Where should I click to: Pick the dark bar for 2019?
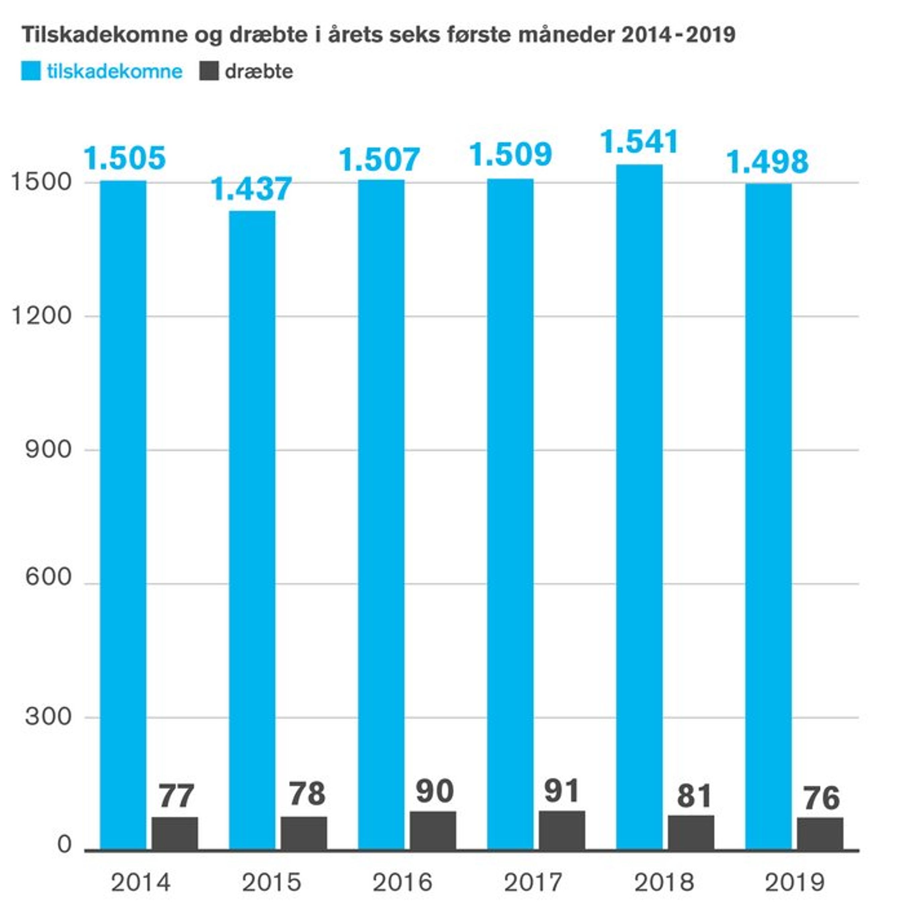(x=820, y=835)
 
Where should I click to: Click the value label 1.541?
(x=639, y=142)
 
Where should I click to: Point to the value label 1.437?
(x=252, y=189)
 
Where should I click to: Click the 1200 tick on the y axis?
(x=41, y=316)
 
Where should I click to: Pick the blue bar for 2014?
(x=123, y=515)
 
